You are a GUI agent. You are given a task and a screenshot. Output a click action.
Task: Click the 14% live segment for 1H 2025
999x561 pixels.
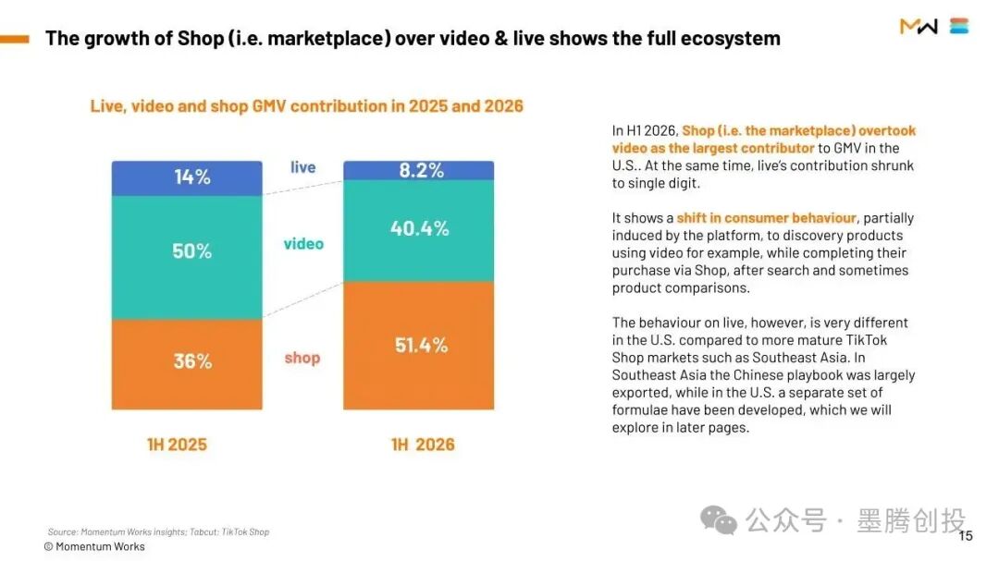point(187,178)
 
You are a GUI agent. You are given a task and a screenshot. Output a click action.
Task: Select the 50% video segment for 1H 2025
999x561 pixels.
point(187,257)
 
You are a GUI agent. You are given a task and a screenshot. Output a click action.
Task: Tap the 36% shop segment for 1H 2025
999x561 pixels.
point(187,364)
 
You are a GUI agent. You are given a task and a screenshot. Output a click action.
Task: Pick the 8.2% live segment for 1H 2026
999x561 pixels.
point(419,171)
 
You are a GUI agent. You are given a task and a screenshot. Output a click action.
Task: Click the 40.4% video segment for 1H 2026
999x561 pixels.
point(419,230)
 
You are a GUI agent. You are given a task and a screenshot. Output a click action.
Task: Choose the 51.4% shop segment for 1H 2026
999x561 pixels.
point(419,345)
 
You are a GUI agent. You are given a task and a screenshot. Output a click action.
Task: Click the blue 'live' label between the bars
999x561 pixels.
point(302,167)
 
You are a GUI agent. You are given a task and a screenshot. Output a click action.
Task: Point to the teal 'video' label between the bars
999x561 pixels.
point(303,244)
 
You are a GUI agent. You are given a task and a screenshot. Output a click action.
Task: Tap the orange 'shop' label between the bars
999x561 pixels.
point(302,358)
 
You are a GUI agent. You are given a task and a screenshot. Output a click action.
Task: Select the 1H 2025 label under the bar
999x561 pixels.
point(177,445)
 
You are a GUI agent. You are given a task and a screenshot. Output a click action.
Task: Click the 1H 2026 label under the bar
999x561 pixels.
point(423,445)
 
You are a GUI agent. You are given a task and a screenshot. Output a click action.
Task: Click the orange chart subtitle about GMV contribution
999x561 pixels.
point(306,105)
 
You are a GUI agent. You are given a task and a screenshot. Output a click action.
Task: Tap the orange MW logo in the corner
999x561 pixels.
point(919,26)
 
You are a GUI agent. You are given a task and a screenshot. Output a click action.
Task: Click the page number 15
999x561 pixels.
point(966,536)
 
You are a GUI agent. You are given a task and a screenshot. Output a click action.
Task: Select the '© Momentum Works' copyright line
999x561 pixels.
point(94,546)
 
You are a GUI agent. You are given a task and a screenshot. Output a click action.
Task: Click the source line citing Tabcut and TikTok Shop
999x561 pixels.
point(159,531)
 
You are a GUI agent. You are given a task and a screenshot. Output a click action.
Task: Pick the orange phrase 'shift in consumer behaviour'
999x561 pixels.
point(767,218)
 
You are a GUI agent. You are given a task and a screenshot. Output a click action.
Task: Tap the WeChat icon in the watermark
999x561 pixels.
point(719,521)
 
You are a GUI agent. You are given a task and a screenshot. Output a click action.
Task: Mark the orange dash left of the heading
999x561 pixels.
point(15,39)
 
